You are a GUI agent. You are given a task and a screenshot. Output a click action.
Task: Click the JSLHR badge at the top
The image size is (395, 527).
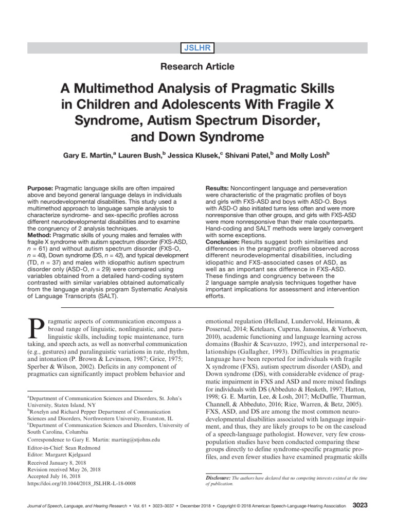(x=197, y=48)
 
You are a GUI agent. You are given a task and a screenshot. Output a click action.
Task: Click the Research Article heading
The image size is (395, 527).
(x=197, y=66)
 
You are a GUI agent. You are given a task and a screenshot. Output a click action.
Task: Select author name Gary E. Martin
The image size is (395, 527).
(x=95, y=155)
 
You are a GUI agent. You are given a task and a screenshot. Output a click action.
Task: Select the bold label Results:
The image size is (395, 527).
(x=218, y=189)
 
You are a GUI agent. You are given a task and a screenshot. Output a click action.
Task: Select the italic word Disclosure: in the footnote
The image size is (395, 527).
(x=218, y=478)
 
